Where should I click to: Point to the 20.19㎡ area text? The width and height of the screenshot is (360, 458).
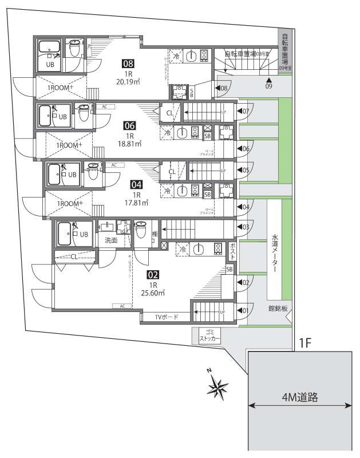pos(129,81)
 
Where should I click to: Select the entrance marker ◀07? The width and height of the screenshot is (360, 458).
pos(243,110)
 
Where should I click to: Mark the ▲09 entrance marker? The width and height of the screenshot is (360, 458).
pos(268,83)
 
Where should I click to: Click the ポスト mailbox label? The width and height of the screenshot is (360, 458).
pos(232,250)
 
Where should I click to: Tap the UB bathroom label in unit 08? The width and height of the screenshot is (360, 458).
pos(50,65)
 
